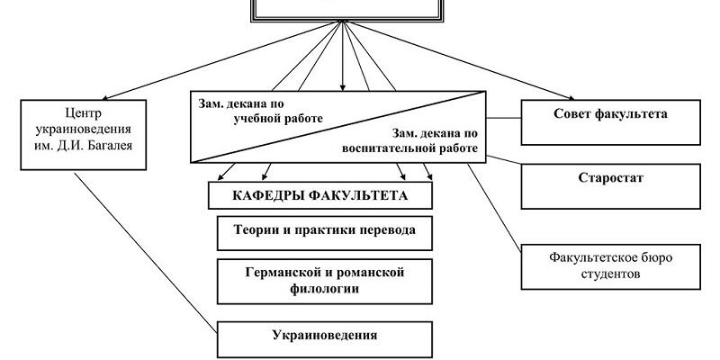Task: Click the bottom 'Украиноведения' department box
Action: pos(322,337)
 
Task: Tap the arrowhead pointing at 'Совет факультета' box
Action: pos(571,94)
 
